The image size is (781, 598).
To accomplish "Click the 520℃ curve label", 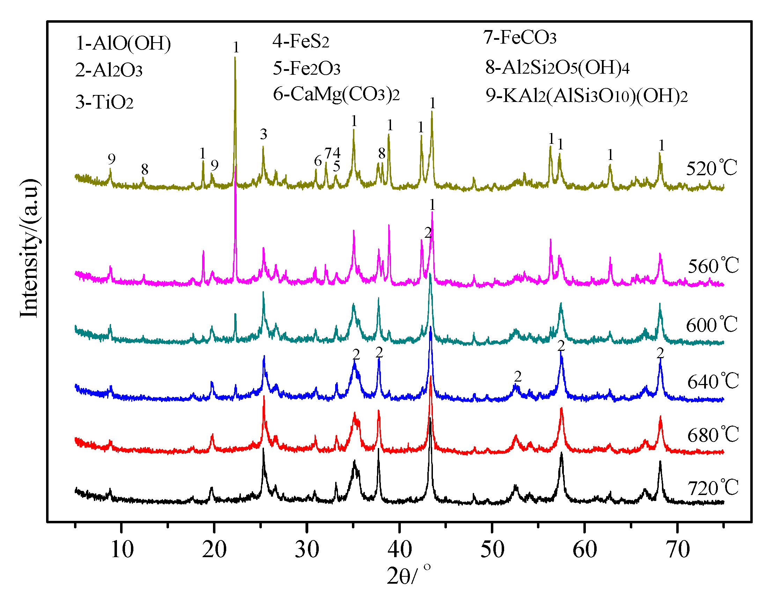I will [711, 168].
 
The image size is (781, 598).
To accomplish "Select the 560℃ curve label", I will [713, 266].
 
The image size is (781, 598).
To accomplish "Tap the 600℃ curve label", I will [711, 325].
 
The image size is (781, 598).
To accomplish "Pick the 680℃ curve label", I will [713, 435].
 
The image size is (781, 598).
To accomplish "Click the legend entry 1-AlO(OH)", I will [123, 43].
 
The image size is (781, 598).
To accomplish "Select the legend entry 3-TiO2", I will [104, 102].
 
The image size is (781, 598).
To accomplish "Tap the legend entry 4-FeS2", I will [301, 41].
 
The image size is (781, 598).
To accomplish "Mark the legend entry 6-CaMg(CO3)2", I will [336, 94].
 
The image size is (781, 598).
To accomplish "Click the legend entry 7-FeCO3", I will [520, 38].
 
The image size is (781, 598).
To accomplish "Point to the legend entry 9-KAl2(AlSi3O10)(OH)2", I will [586, 96].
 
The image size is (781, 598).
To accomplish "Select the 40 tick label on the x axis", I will [400, 549].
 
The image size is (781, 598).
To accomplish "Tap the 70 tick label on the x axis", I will [678, 549].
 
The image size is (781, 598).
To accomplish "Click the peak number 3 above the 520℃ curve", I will [264, 134].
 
